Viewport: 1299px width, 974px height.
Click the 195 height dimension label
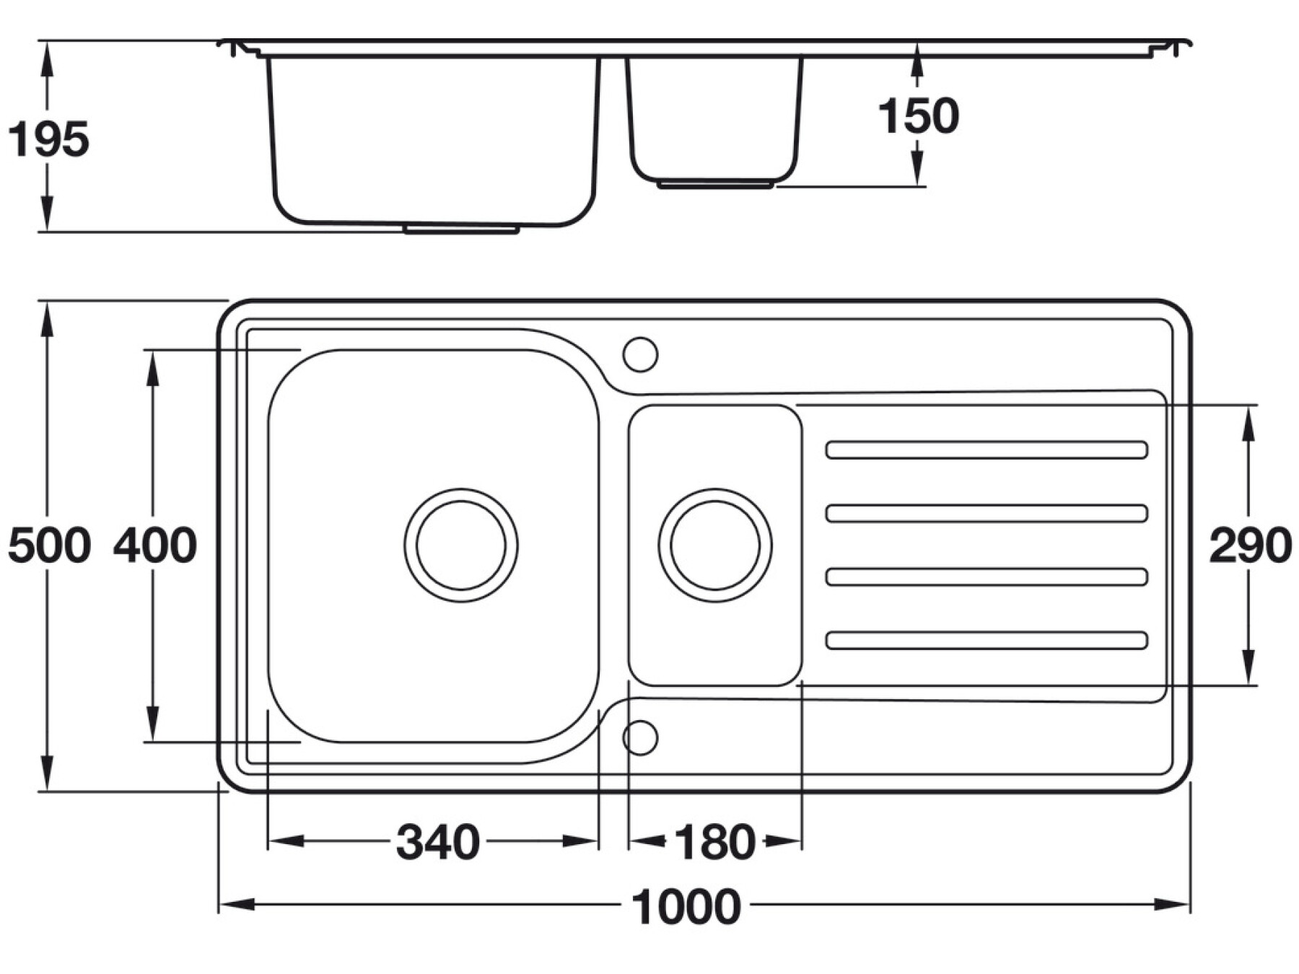click(48, 139)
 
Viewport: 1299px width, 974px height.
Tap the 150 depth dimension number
click(918, 115)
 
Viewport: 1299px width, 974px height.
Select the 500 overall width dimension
click(49, 545)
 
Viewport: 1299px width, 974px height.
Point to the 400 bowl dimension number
click(154, 545)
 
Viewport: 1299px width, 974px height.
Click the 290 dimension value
click(1250, 545)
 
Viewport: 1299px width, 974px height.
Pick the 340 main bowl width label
click(438, 842)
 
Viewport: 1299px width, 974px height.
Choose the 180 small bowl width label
click(714, 842)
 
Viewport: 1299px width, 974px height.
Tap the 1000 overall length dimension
click(686, 907)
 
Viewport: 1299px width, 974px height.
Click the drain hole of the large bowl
click(461, 545)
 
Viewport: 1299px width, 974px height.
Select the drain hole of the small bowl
click(714, 545)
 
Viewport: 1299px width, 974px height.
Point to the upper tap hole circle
click(640, 354)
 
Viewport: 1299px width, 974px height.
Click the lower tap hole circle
click(640, 737)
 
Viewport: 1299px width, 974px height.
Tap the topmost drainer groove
click(987, 449)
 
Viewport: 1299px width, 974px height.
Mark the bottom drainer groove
click(987, 640)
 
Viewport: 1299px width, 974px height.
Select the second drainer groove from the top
click(987, 513)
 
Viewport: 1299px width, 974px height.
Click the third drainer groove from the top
click(987, 576)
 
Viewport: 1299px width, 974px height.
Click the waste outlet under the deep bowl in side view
click(461, 229)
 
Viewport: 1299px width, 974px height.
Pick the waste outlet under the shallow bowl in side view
click(714, 185)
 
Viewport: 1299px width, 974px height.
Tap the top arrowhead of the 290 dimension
click(1250, 422)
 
